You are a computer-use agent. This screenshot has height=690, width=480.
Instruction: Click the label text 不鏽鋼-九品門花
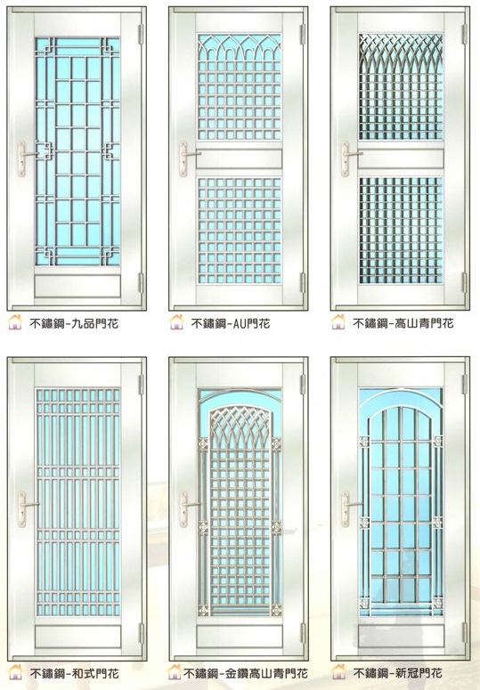(74, 324)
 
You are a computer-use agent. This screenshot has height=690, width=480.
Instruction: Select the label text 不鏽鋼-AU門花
(231, 324)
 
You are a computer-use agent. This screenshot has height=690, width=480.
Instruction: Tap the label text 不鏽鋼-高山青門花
(403, 323)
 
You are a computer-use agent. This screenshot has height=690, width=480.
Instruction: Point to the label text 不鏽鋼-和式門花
(74, 673)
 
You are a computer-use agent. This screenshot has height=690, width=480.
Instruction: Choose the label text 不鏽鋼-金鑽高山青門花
(246, 673)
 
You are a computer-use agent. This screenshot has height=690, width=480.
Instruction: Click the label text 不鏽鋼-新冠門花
(398, 673)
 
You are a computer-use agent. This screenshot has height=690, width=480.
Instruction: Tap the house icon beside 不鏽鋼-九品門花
(15, 322)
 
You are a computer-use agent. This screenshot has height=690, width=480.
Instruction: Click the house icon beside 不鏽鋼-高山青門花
(338, 321)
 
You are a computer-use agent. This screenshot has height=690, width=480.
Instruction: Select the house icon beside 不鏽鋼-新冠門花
(338, 671)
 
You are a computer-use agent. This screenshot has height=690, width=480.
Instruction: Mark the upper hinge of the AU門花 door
(303, 35)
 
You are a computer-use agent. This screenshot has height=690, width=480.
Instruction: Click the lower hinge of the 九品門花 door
(142, 283)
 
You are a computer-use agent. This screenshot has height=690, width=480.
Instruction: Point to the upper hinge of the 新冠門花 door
(465, 385)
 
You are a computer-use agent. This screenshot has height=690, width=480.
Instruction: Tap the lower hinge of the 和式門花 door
(142, 633)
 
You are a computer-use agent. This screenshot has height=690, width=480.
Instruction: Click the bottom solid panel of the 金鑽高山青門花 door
(240, 637)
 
